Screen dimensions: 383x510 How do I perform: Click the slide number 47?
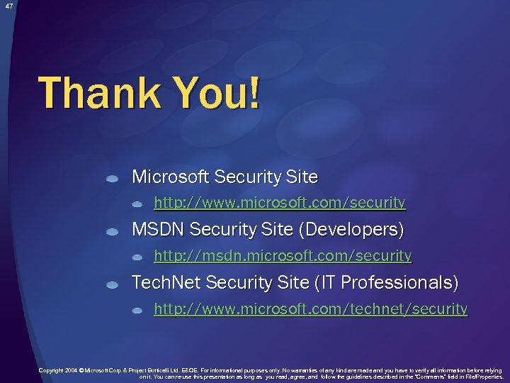tap(8, 6)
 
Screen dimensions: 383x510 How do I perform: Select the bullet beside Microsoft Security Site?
tap(112, 179)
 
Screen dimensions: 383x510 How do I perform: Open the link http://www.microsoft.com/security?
tap(280, 203)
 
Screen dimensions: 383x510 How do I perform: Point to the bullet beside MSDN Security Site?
tap(112, 233)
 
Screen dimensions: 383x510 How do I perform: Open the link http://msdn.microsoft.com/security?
tap(283, 255)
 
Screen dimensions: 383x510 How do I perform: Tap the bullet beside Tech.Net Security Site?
tap(112, 285)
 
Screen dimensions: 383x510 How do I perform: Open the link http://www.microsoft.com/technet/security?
tap(311, 309)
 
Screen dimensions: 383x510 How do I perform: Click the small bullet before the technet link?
tap(137, 311)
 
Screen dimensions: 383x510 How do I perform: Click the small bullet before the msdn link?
tap(137, 257)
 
